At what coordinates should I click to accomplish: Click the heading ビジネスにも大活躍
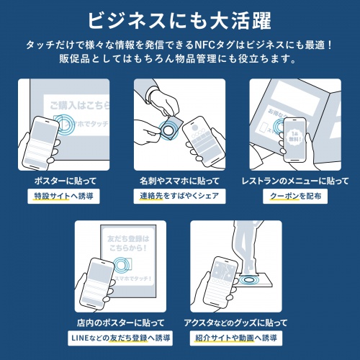click(179, 18)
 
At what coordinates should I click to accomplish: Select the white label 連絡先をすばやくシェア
click(179, 195)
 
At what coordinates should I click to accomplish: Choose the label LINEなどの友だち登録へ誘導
click(122, 336)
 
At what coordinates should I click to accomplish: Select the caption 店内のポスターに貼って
click(122, 322)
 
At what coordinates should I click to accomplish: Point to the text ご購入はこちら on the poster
click(76, 106)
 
